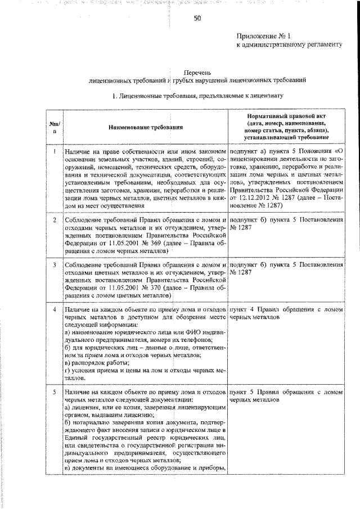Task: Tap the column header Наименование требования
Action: click(146, 128)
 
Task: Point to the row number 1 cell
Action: click(53, 152)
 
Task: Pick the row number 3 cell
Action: click(53, 264)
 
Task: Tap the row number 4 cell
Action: click(53, 309)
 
